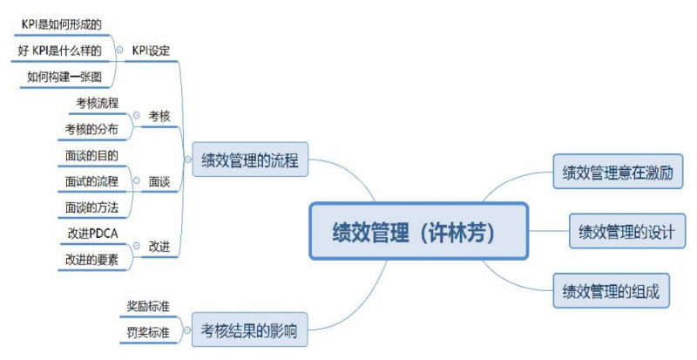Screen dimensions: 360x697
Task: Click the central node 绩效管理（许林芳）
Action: (419, 231)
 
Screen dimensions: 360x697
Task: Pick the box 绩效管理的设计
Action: (626, 232)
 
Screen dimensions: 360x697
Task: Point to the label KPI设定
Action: (151, 51)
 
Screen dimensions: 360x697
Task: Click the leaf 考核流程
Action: (97, 103)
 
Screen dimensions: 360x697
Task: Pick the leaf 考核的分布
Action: (91, 129)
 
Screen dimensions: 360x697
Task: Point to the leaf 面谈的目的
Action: (91, 155)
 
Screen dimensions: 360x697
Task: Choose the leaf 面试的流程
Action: (91, 181)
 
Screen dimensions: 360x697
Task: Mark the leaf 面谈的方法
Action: (91, 207)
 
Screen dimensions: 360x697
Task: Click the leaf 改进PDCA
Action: (91, 233)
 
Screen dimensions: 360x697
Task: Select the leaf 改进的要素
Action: (91, 259)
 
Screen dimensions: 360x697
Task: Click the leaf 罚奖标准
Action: (147, 331)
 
